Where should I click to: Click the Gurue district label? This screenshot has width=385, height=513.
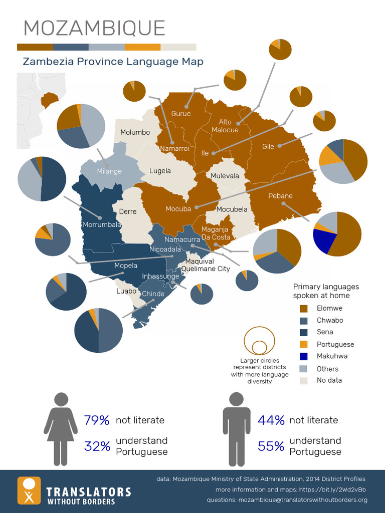[x=181, y=114]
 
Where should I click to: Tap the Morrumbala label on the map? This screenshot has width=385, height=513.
[x=102, y=225]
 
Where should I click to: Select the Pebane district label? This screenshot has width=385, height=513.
[x=280, y=196]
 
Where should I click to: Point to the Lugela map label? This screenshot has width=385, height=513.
[x=160, y=171]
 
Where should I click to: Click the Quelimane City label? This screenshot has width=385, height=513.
[x=206, y=269]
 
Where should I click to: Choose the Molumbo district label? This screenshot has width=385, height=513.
[x=135, y=132]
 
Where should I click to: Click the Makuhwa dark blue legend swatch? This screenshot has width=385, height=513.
[x=303, y=356]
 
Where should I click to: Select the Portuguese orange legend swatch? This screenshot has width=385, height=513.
[x=303, y=344]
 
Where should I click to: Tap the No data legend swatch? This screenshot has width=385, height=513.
[x=303, y=381]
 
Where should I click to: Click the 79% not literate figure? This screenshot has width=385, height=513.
[x=97, y=420]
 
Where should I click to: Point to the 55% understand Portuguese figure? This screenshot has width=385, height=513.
[x=271, y=446]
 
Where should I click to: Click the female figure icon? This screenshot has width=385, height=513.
[x=61, y=429]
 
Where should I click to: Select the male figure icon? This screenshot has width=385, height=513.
[x=236, y=429]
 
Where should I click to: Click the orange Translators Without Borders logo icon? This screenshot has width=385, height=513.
[x=29, y=490]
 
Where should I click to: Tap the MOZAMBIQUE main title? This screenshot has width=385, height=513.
[x=94, y=29]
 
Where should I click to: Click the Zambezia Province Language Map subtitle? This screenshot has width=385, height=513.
[x=113, y=62]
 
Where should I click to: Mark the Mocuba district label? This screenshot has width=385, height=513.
[x=178, y=209]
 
